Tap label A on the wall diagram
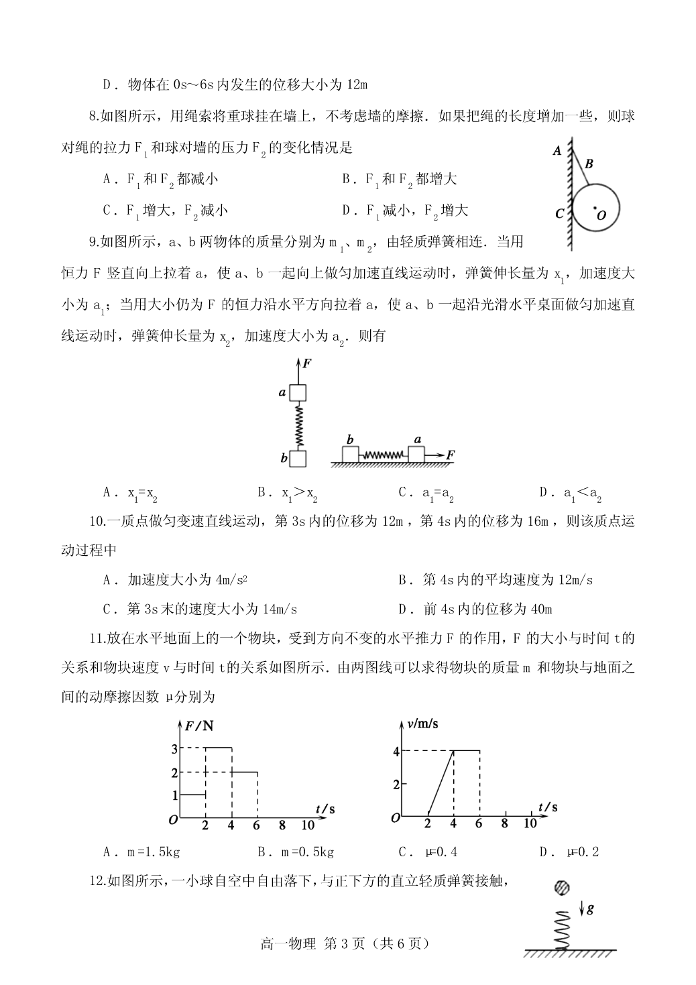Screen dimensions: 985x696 coord(557,151)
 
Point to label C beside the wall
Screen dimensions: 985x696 coord(560,215)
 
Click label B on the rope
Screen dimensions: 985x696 coord(589,163)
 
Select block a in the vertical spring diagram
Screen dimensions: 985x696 coord(298,392)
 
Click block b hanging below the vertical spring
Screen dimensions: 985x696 coord(298,458)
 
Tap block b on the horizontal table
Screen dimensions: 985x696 coord(351,454)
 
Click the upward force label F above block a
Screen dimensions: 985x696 coord(307,363)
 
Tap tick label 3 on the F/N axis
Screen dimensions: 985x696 coord(174,748)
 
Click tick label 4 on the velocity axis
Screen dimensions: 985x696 coord(396,752)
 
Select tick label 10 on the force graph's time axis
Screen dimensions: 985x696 coord(308,824)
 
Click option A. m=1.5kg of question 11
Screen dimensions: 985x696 coord(141,852)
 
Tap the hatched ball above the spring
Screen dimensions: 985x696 coord(562,888)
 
